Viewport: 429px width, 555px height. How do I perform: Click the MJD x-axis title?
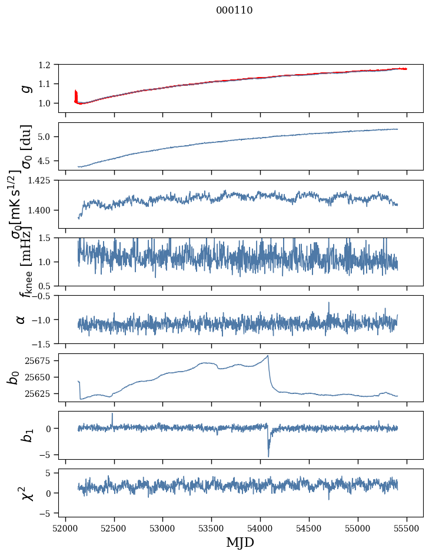240,542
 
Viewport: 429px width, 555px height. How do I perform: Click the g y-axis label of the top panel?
25,88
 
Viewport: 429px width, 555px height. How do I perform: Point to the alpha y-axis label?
21,319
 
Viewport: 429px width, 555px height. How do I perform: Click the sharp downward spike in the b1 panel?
268,456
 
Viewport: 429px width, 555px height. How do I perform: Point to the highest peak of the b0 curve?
268,356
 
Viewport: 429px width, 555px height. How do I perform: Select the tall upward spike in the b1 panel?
112,413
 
